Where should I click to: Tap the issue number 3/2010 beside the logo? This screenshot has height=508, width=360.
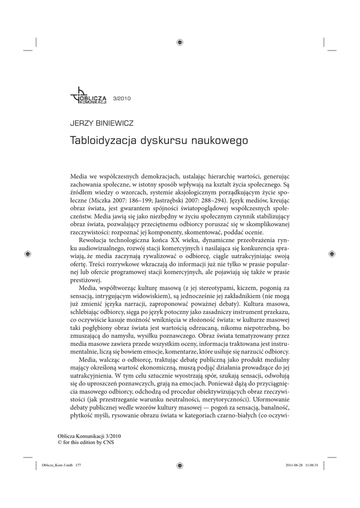click(122, 98)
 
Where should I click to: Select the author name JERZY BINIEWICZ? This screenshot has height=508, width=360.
click(102, 124)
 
